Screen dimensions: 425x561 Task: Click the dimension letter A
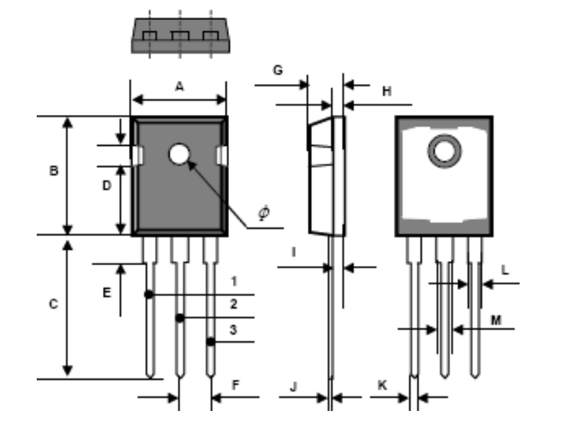pyautogui.click(x=178, y=86)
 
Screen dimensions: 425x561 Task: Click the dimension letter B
pyautogui.click(x=53, y=171)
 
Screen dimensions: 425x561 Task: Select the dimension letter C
pyautogui.click(x=53, y=304)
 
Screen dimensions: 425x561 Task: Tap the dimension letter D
pyautogui.click(x=106, y=186)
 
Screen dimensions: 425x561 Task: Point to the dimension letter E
pyautogui.click(x=106, y=292)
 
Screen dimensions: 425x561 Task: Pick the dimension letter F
pyautogui.click(x=235, y=385)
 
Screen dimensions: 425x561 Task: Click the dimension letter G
pyautogui.click(x=278, y=70)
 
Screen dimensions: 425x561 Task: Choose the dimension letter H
pyautogui.click(x=386, y=92)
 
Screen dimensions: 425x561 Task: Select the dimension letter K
pyautogui.click(x=382, y=386)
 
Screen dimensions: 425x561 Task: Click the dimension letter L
pyautogui.click(x=505, y=271)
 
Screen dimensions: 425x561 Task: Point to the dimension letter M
pyautogui.click(x=496, y=321)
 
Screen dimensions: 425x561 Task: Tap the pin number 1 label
pyautogui.click(x=233, y=281)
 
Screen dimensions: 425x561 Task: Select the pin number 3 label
pyautogui.click(x=233, y=329)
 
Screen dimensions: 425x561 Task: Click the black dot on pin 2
pyautogui.click(x=180, y=318)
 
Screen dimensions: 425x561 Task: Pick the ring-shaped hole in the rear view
pyautogui.click(x=443, y=152)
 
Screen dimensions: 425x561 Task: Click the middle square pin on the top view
pyautogui.click(x=180, y=35)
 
